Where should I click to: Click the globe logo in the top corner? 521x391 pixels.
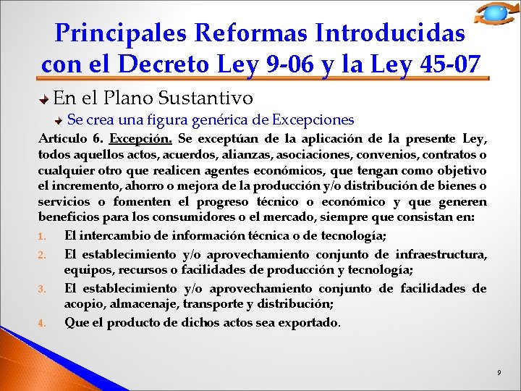coord(496,14)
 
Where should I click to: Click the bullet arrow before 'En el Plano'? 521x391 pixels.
coord(45,98)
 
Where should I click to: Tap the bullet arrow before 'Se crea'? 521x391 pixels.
coord(59,120)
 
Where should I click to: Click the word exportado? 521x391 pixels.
coord(305,322)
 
